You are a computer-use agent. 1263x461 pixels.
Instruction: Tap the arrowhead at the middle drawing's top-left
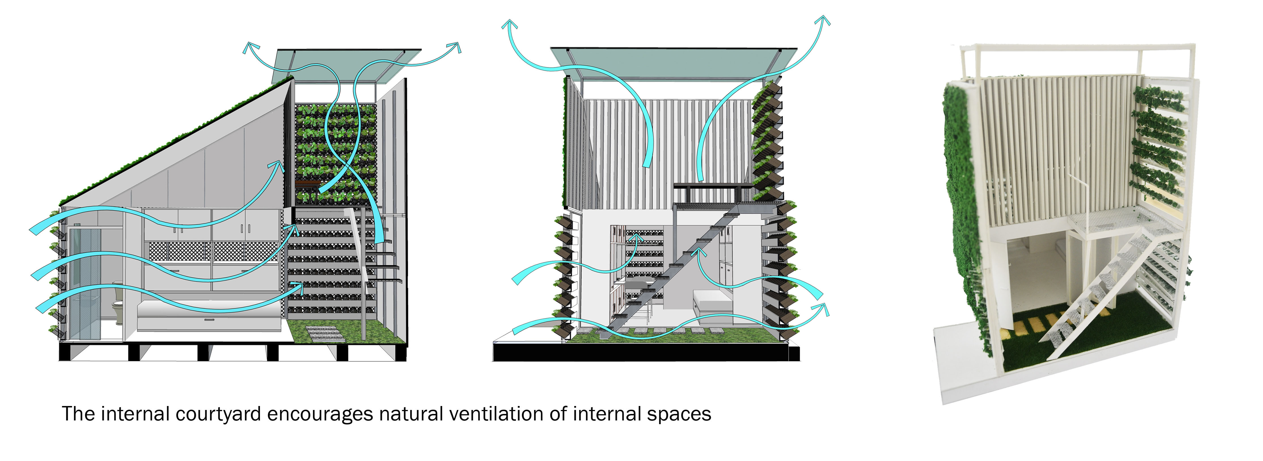(x=510, y=24)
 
